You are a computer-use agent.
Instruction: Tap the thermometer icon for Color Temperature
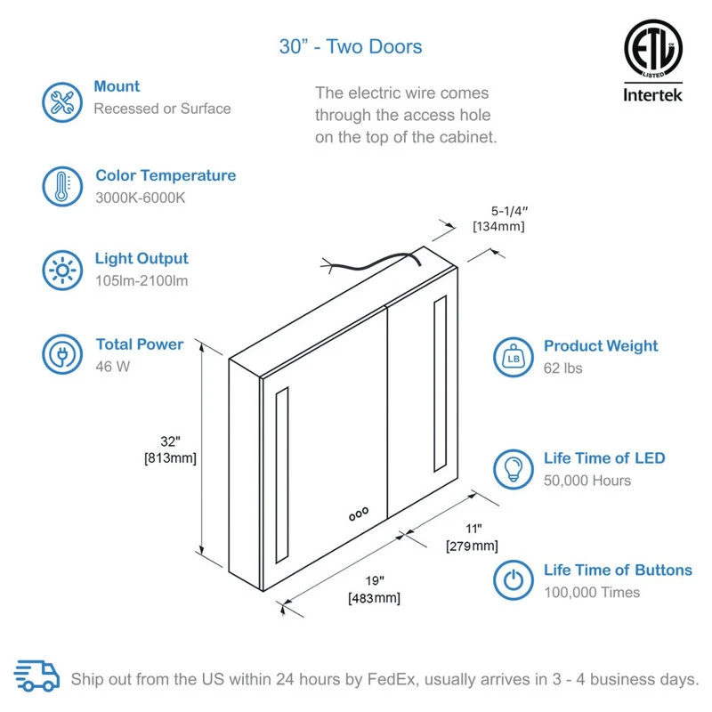[62, 187]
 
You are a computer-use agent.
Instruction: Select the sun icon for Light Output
[62, 268]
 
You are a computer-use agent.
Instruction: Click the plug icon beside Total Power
[62, 354]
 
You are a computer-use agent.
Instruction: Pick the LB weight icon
[514, 356]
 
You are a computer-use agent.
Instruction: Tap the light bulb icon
[514, 469]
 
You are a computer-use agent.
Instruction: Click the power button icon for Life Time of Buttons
[514, 581]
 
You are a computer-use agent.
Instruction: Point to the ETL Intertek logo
[652, 61]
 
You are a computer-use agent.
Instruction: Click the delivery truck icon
[37, 676]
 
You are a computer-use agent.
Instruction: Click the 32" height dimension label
[170, 449]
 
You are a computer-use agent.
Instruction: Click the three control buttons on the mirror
[358, 514]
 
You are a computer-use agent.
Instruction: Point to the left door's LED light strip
[281, 475]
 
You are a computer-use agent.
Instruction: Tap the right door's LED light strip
[439, 384]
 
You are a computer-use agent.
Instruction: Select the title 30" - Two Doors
[350, 46]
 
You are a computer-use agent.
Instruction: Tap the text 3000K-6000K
[140, 198]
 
